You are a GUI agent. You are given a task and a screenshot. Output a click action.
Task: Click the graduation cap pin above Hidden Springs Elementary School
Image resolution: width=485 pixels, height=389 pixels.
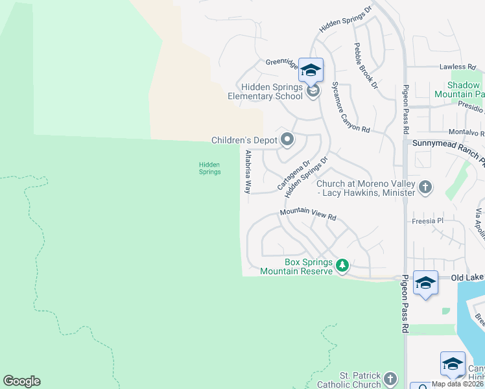(x=311, y=70)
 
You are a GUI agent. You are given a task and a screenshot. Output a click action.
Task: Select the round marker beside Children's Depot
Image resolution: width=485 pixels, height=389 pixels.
(x=287, y=139)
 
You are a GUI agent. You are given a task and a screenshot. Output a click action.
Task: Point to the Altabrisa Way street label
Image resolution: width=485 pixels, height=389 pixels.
(x=248, y=172)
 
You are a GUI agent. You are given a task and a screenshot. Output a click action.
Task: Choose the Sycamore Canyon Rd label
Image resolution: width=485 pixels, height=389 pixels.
(x=350, y=107)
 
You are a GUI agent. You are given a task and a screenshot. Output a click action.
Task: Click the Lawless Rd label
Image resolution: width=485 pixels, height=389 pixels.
(x=453, y=67)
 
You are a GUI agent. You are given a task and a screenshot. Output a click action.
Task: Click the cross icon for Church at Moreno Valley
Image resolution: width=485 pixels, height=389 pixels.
(x=425, y=187)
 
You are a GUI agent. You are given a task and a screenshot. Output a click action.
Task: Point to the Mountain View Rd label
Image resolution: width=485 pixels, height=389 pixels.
(x=308, y=215)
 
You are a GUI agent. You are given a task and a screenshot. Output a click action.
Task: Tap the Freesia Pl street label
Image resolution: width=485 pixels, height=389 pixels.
(x=427, y=221)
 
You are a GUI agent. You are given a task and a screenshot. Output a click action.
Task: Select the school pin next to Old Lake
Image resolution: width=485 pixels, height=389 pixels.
(x=425, y=283)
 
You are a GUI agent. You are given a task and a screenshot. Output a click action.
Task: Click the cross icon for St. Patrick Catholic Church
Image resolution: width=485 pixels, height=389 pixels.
(x=390, y=379)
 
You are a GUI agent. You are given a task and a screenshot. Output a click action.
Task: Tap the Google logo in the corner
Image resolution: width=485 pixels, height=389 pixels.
(x=21, y=381)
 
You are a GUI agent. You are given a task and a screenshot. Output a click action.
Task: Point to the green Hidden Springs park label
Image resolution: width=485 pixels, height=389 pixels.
(x=209, y=169)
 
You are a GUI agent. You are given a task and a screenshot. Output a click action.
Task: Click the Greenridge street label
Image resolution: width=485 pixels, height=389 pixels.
(x=281, y=64)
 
